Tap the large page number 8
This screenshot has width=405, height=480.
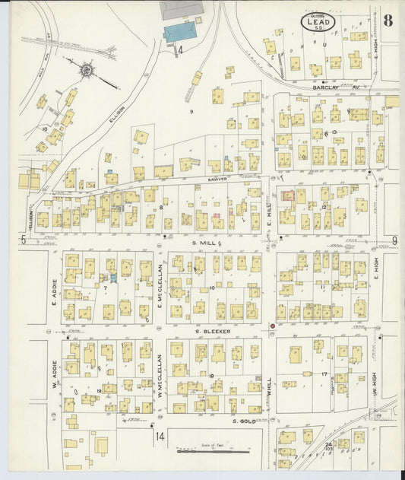pyautogui.click(x=388, y=20)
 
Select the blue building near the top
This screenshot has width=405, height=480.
pyautogui.click(x=180, y=32)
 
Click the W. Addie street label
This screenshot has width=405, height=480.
pyautogui.click(x=55, y=372)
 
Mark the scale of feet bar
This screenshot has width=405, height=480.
pyautogui.click(x=214, y=451)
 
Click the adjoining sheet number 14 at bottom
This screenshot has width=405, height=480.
pyautogui.click(x=160, y=436)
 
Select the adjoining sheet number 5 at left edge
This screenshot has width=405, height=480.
pyautogui.click(x=24, y=240)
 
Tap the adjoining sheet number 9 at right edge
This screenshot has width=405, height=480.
pyautogui.click(x=394, y=241)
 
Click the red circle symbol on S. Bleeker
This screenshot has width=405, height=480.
pyautogui.click(x=272, y=326)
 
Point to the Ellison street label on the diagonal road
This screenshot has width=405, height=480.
pyautogui.click(x=116, y=120)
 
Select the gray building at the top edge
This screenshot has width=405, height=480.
pyautogui.click(x=182, y=10)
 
